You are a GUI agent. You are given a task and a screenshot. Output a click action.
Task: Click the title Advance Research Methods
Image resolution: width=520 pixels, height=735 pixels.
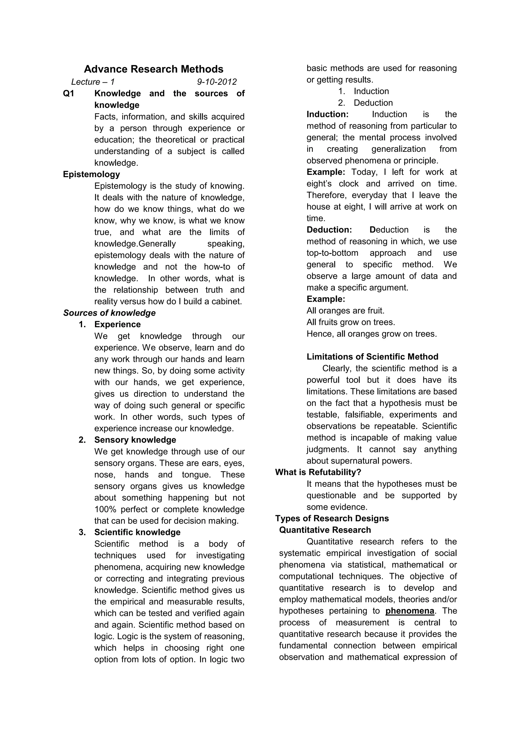[153, 69]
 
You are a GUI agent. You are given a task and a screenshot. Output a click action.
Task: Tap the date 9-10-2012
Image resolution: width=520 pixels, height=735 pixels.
[217, 82]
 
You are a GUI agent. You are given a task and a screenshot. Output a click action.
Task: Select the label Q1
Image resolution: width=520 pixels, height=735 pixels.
[69, 93]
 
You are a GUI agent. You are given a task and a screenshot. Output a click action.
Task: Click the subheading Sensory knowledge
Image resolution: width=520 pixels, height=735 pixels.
[135, 440]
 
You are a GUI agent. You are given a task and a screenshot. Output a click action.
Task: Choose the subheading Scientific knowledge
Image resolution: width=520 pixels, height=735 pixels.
[137, 532]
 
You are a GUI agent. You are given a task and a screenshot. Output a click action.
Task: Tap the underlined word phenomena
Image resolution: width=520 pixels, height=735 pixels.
[410, 611]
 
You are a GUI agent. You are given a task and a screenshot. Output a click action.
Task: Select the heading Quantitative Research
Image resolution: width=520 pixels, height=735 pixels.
[325, 530]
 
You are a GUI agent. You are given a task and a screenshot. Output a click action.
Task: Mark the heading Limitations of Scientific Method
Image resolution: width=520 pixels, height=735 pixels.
[372, 357]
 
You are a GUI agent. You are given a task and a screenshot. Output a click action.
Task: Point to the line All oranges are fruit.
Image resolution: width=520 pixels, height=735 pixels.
[345, 310]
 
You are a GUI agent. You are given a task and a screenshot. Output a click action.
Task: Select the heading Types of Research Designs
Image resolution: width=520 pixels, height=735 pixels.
[332, 518]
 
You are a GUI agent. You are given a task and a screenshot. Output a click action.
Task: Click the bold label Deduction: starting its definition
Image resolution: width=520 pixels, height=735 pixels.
[329, 230]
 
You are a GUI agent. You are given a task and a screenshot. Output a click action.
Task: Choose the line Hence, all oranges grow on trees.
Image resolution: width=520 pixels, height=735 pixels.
[371, 334]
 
